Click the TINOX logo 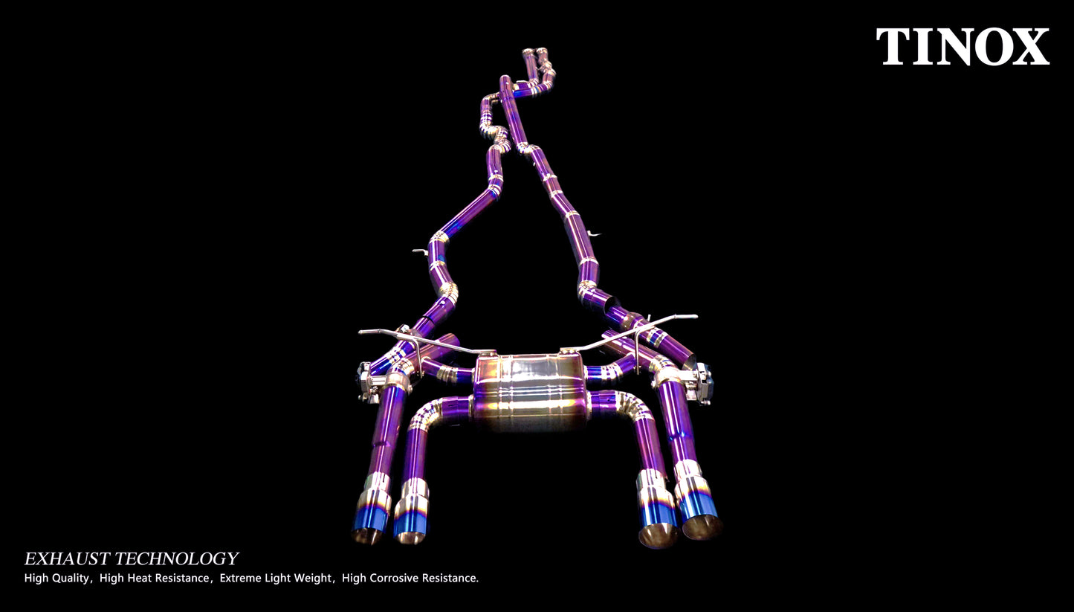click(x=963, y=46)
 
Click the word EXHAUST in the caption click(x=67, y=558)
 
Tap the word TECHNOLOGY click(x=176, y=558)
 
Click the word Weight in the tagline click(x=315, y=579)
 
